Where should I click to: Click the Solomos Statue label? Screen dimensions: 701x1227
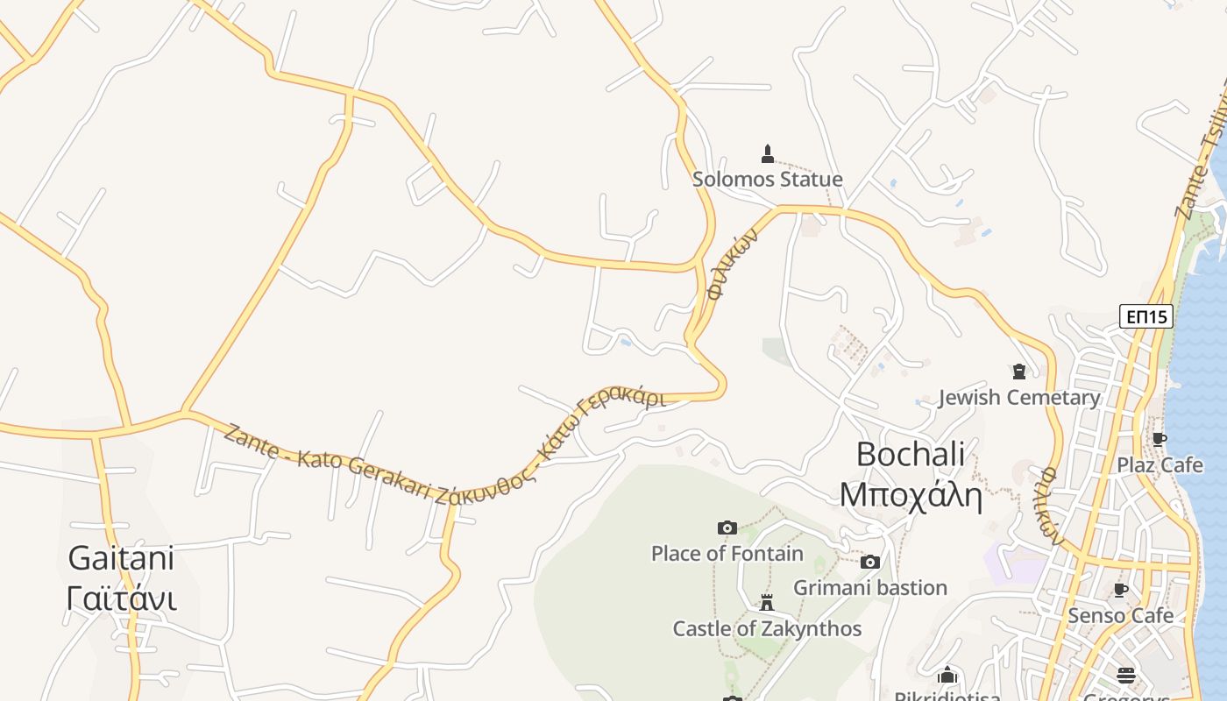tap(767, 180)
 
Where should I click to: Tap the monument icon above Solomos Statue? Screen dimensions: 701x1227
tap(768, 154)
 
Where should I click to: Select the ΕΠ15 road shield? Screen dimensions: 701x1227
tap(1146, 316)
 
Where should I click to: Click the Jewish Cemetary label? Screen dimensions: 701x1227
tap(1018, 398)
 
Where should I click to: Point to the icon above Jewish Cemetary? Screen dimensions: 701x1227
tap(1018, 372)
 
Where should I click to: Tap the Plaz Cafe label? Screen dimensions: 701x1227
tap(1160, 465)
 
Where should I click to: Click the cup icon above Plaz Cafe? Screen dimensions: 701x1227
tap(1160, 440)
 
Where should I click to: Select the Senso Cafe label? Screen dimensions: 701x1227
tap(1120, 616)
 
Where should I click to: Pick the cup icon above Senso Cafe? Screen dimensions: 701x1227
tap(1120, 591)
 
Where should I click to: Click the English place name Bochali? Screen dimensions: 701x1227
tap(911, 454)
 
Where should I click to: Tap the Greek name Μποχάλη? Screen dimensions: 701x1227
tap(911, 495)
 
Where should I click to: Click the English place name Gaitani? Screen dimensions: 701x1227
tap(121, 558)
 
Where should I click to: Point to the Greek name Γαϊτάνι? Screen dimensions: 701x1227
tap(121, 598)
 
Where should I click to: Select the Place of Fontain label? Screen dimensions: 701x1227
tap(727, 554)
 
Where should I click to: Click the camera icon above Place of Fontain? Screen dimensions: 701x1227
tap(727, 528)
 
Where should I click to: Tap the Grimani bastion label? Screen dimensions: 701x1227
tap(870, 588)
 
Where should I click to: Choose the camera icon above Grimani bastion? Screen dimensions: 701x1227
tap(870, 563)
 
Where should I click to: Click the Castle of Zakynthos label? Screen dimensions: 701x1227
tap(767, 629)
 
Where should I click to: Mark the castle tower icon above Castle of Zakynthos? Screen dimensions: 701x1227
tap(767, 604)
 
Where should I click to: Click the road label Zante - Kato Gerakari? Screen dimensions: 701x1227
tap(328, 464)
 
